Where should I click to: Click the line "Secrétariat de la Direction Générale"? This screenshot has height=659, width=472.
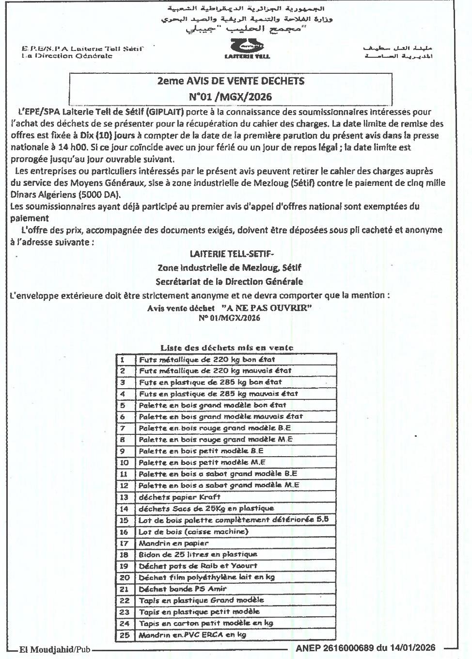pyautogui.click(x=229, y=281)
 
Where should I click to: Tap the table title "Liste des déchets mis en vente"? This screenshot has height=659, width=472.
pyautogui.click(x=227, y=347)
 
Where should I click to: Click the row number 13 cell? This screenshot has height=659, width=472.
pyautogui.click(x=124, y=497)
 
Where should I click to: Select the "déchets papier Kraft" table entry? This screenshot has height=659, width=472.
pyautogui.click(x=179, y=497)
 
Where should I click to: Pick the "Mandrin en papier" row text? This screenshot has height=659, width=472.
pyautogui.click(x=173, y=543)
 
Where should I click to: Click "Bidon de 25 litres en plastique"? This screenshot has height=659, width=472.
pyautogui.click(x=198, y=554)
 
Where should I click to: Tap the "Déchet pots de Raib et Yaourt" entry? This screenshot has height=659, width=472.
pyautogui.click(x=198, y=566)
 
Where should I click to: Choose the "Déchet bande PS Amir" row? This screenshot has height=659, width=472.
pyautogui.click(x=183, y=589)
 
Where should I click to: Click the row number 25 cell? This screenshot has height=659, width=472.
pyautogui.click(x=124, y=635)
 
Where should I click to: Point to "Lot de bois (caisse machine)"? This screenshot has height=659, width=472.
pyautogui.click(x=193, y=531)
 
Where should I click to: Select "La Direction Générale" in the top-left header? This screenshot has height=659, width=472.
pyautogui.click(x=67, y=56)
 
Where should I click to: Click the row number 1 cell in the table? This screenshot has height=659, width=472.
pyautogui.click(x=123, y=360)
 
